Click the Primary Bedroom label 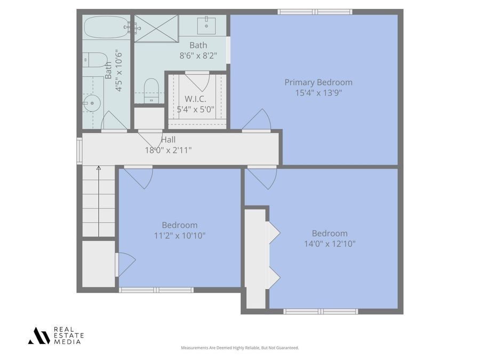[318, 82]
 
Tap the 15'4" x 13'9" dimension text [318, 93]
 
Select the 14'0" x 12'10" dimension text [330, 244]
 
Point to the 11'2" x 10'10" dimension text [180, 236]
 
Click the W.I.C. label [195, 99]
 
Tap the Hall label [169, 140]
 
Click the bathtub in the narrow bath [106, 27]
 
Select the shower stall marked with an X [156, 28]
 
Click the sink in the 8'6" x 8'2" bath [206, 26]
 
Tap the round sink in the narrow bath [92, 103]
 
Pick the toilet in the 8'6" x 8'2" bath [151, 91]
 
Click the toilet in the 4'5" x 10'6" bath [94, 60]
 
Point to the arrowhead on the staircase [99, 168]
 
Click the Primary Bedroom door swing [257, 120]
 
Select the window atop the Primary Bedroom [315, 12]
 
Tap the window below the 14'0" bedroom [321, 311]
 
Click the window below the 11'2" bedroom [156, 290]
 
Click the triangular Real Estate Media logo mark [39, 336]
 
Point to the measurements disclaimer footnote [239, 348]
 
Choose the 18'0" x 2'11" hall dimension [169, 150]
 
